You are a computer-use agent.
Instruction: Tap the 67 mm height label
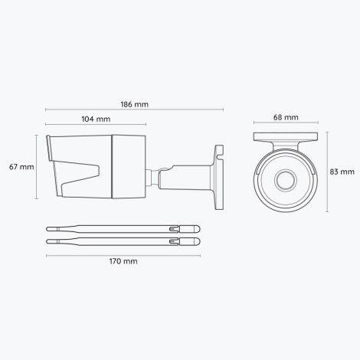[18, 166]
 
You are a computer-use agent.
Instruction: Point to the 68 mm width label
[286, 119]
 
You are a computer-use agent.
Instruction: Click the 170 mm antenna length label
[124, 261]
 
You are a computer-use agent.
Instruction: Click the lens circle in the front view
[286, 181]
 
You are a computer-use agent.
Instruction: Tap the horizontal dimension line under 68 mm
[286, 126]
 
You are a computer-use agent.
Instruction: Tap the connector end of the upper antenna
[188, 228]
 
